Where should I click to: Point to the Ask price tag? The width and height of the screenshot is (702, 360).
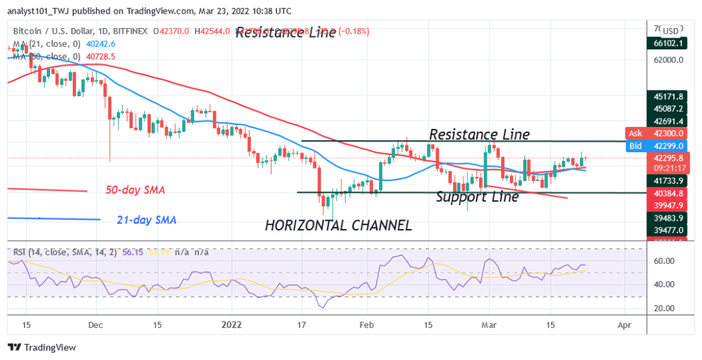point(636,133)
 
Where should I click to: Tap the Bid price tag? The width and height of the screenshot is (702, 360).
point(636,145)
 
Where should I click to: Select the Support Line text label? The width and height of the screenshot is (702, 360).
point(477,197)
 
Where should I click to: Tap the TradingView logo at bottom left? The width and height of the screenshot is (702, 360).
point(43,348)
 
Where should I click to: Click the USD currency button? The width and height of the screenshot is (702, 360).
point(670,31)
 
